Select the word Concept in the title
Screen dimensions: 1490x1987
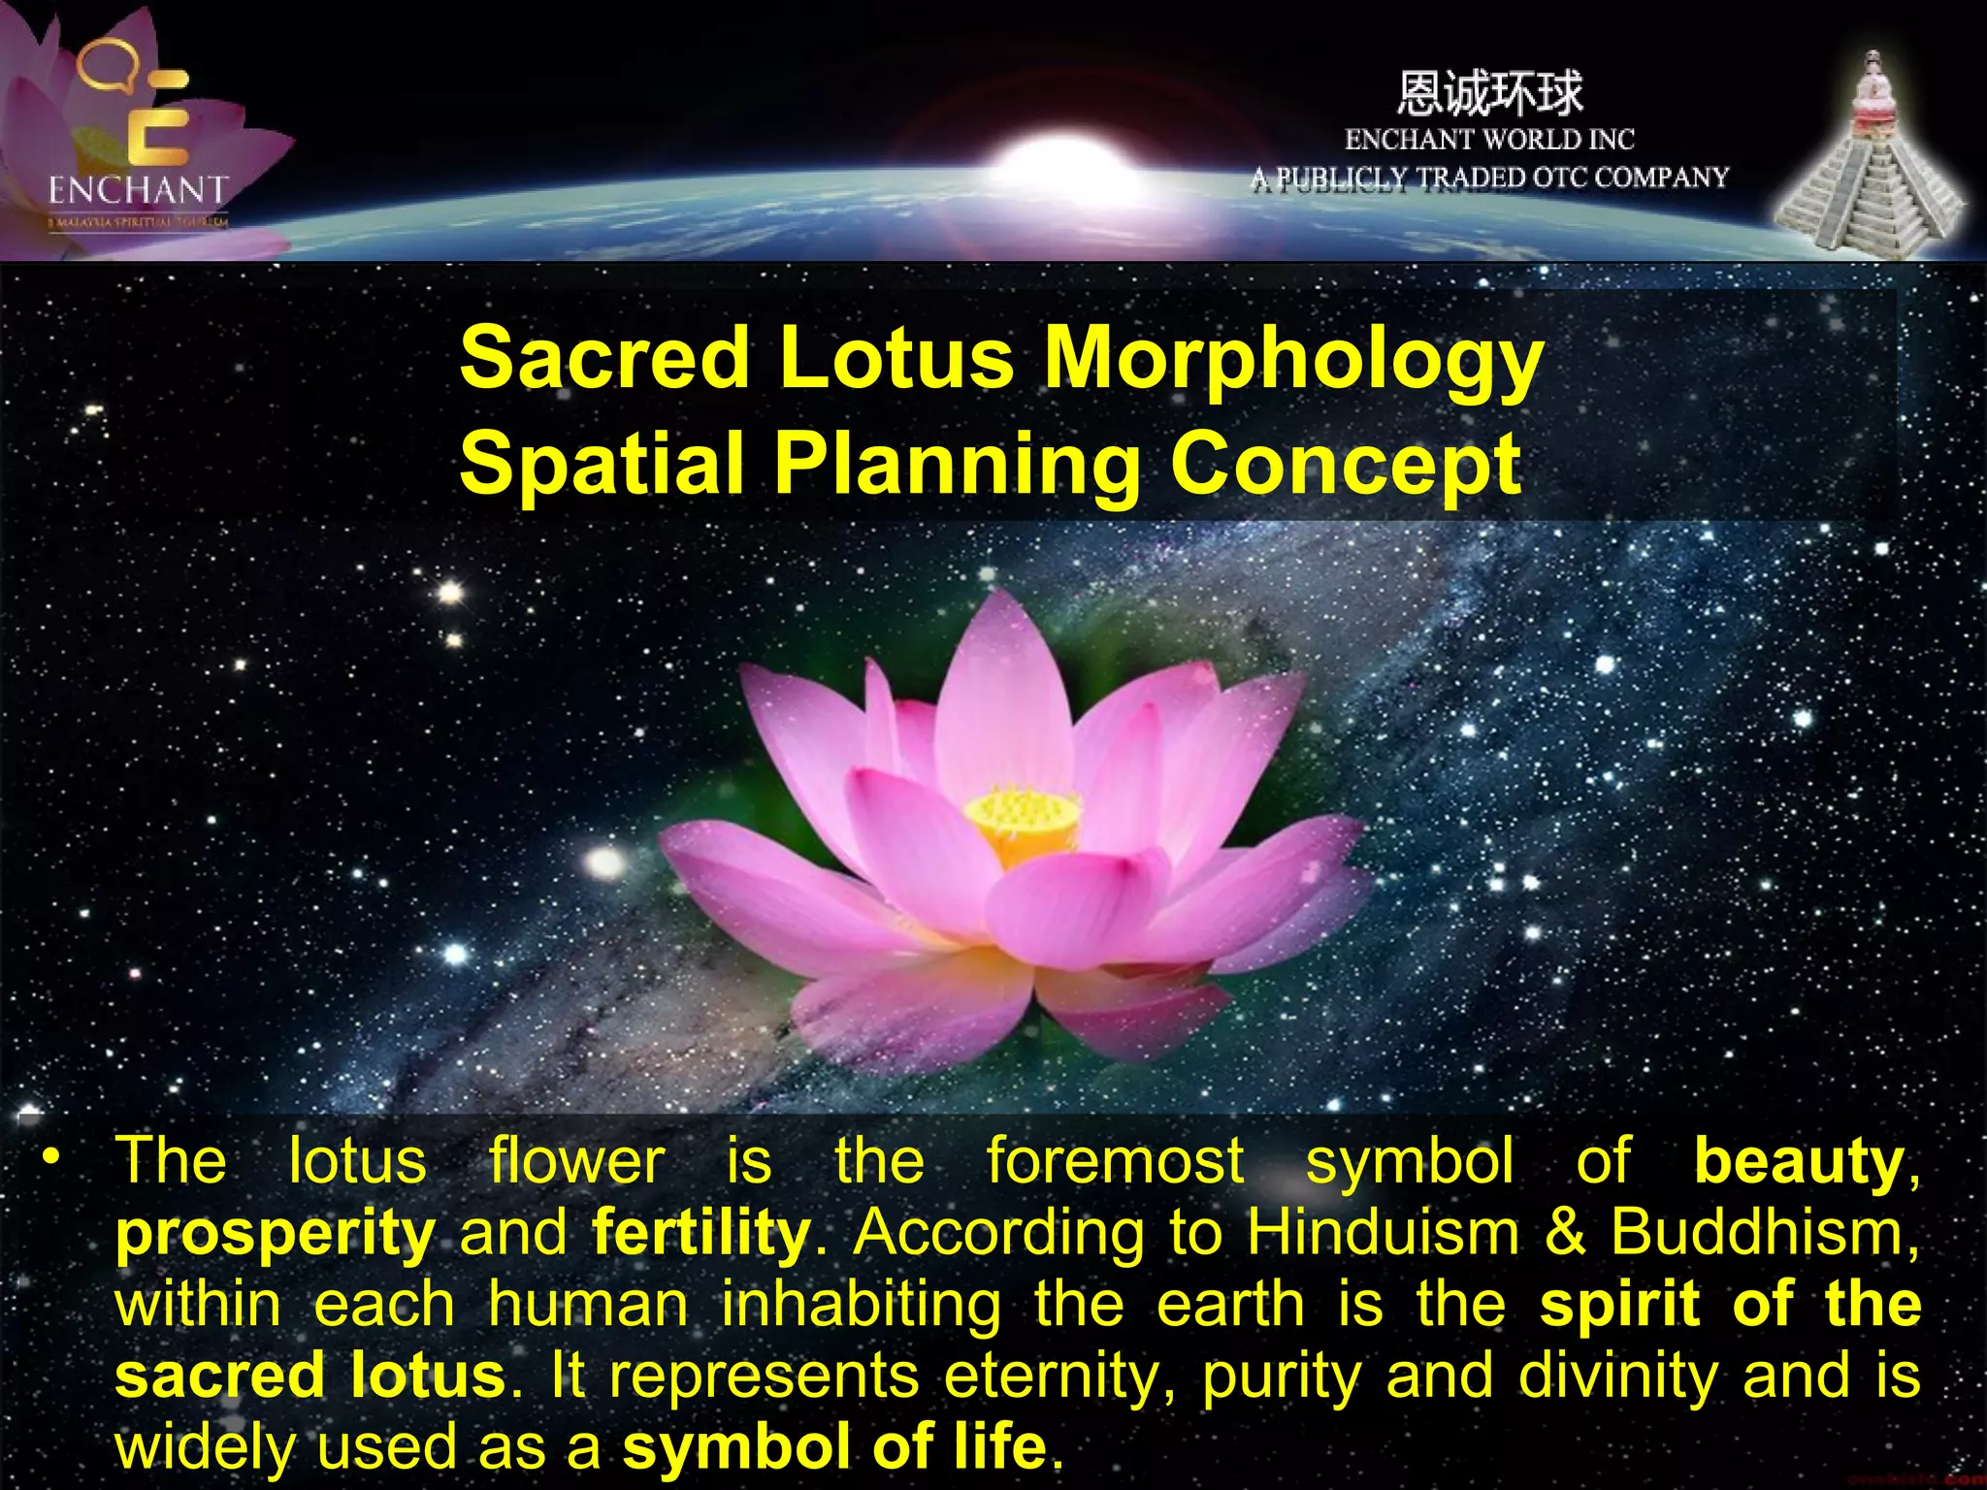[x=1346, y=464]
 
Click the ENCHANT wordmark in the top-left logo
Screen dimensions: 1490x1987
[x=138, y=189]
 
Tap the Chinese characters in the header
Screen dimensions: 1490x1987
[x=1489, y=94]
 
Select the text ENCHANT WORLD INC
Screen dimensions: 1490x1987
[x=1489, y=140]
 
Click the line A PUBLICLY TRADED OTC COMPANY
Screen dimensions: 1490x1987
[x=1489, y=178]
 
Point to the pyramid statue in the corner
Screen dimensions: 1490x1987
[x=1868, y=165]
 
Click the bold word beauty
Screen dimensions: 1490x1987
[x=1798, y=1161]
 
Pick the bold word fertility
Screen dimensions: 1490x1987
[x=700, y=1232]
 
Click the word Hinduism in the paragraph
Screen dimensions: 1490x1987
[x=1383, y=1232]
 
